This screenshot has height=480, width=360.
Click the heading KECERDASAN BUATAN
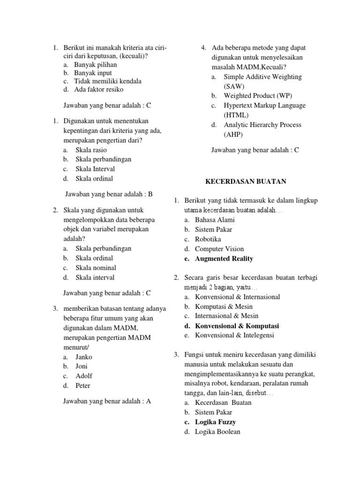[x=246, y=181]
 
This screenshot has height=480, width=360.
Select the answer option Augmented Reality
[x=224, y=259]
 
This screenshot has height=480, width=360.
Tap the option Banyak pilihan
[x=95, y=65]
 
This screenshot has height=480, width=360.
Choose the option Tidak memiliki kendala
[x=107, y=81]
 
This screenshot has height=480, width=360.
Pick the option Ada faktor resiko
[x=98, y=89]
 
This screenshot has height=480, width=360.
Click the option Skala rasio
[x=91, y=150]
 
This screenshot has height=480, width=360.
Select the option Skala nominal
[x=96, y=268]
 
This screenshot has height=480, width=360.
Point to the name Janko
[x=84, y=357]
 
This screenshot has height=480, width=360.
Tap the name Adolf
[x=84, y=376]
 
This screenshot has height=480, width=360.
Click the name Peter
[x=83, y=386]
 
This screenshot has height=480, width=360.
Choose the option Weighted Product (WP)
[x=257, y=96]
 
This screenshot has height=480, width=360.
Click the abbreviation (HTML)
[x=236, y=115]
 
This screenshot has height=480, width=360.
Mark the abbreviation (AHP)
[x=233, y=134]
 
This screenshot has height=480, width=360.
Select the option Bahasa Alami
[x=215, y=220]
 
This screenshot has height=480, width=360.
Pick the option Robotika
[x=208, y=239]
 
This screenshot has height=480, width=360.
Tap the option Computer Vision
[x=219, y=249]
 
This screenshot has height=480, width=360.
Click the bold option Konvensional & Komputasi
[x=237, y=326]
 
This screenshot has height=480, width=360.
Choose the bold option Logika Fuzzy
[x=215, y=422]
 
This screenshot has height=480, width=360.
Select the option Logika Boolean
[x=217, y=432]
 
